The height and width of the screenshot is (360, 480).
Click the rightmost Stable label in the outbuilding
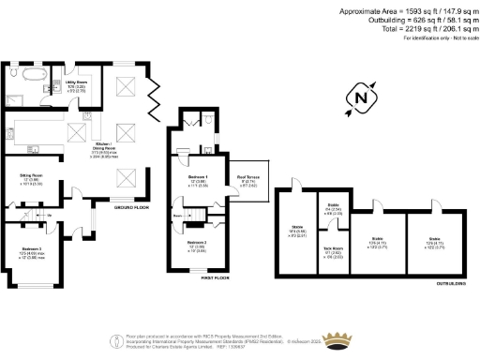pos(435,240)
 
